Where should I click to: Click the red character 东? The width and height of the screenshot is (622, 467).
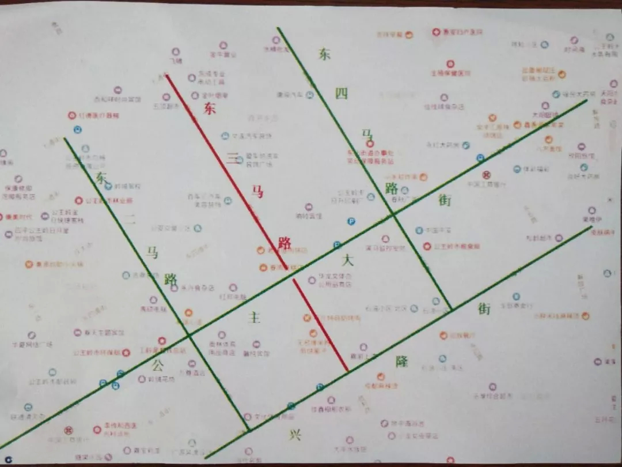click(x=209, y=108)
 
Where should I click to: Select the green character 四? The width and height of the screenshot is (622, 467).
click(x=341, y=93)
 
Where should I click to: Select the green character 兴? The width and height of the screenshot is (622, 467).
click(x=295, y=434)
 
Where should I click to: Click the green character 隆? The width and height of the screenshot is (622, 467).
click(x=401, y=362)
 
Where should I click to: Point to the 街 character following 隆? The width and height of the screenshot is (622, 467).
click(x=484, y=308)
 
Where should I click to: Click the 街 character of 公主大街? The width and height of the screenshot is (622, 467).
click(x=445, y=200)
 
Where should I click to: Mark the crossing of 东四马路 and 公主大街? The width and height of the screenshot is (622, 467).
click(x=393, y=214)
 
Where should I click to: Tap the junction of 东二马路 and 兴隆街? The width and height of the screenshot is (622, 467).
click(x=249, y=430)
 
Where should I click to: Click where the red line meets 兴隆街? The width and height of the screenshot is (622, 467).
click(x=348, y=370)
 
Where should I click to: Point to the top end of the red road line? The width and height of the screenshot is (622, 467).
click(x=166, y=74)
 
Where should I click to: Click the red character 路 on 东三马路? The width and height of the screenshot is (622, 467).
click(x=283, y=243)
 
